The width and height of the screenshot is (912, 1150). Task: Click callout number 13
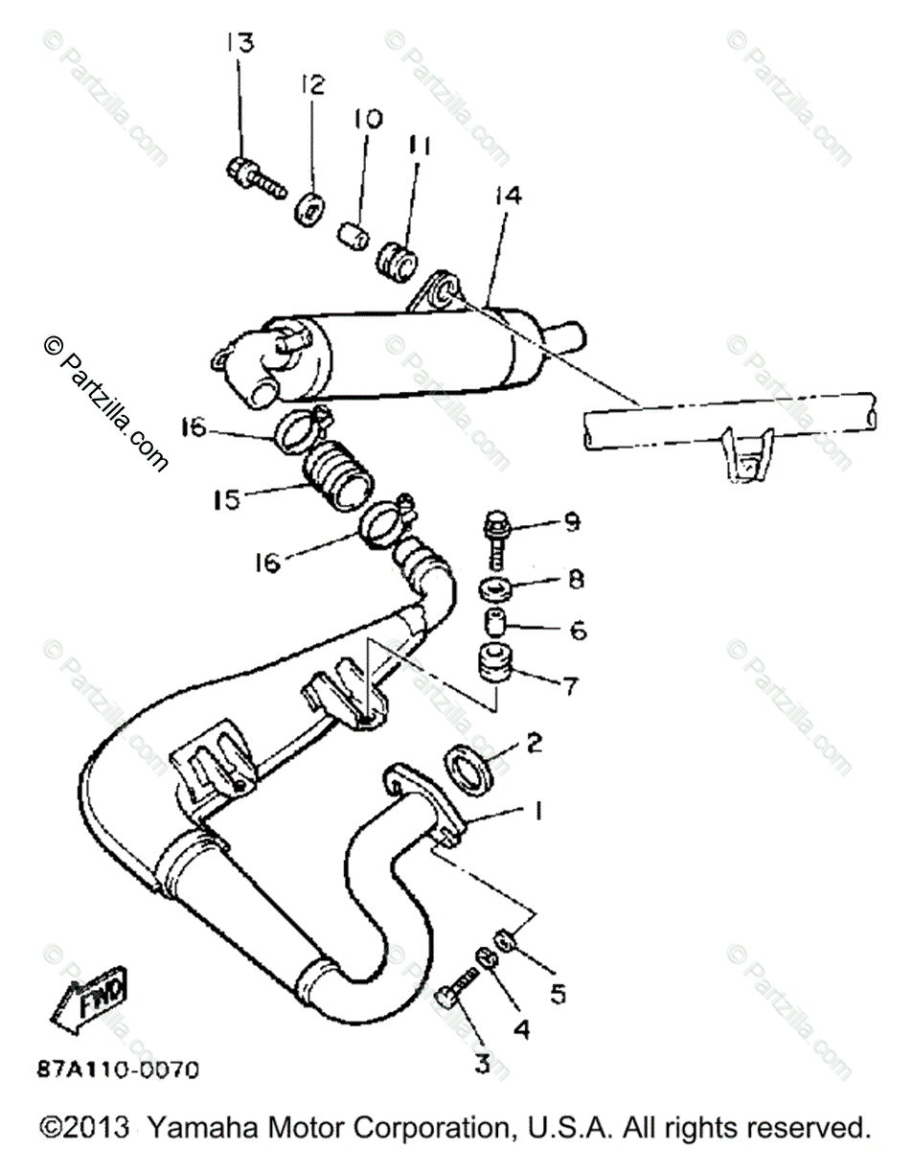point(239,43)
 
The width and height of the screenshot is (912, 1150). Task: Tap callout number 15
point(227,499)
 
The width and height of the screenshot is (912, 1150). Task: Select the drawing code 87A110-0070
point(120,1068)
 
